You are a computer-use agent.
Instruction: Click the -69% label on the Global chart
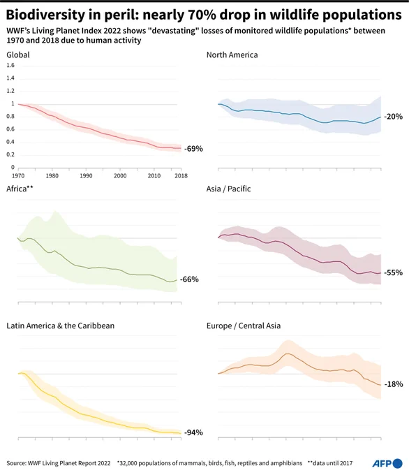(x=193, y=148)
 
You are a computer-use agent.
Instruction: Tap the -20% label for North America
(x=393, y=117)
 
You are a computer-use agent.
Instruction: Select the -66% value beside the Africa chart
(x=189, y=279)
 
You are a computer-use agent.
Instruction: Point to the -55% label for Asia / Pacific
(x=393, y=272)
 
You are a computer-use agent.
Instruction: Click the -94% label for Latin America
(x=193, y=432)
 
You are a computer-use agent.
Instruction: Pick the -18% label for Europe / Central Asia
(x=394, y=384)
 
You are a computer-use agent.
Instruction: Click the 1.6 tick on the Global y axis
(x=10, y=65)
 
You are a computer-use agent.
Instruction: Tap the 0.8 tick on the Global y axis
(x=10, y=117)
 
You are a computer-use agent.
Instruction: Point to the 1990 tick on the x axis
(x=86, y=176)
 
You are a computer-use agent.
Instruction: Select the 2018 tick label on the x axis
(x=181, y=176)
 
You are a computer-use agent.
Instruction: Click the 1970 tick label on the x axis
(x=18, y=176)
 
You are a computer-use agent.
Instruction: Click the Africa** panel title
(x=20, y=189)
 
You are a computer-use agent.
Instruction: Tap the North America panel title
(x=232, y=54)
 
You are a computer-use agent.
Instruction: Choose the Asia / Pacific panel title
(x=228, y=189)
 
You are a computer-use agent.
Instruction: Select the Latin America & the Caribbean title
(x=61, y=326)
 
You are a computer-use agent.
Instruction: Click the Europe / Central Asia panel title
(x=244, y=326)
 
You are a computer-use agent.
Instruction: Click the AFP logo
(x=387, y=464)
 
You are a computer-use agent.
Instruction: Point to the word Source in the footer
(x=15, y=463)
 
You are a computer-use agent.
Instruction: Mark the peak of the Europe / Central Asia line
(x=288, y=353)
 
